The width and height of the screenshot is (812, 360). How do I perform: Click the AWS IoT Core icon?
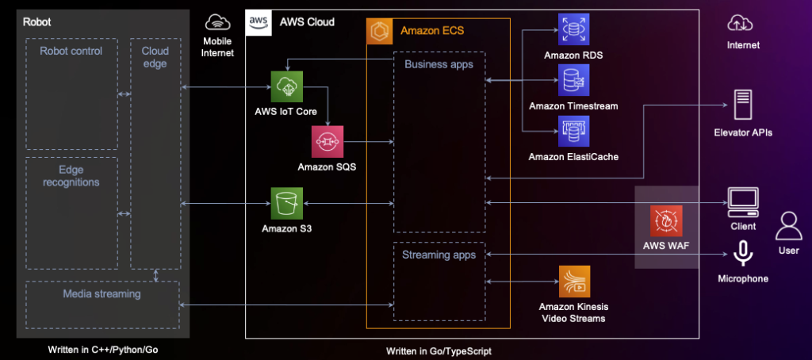click(286, 86)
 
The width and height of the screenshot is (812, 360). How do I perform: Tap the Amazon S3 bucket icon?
click(286, 204)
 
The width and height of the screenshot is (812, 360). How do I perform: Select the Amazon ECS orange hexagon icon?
click(381, 32)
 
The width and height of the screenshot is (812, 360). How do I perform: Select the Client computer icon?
click(743, 202)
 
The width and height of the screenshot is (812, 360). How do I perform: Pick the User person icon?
click(788, 228)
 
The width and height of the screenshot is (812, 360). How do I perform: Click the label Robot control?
click(71, 52)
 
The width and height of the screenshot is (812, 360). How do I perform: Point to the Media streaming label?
click(101, 293)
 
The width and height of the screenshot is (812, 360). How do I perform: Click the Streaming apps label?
click(439, 255)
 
